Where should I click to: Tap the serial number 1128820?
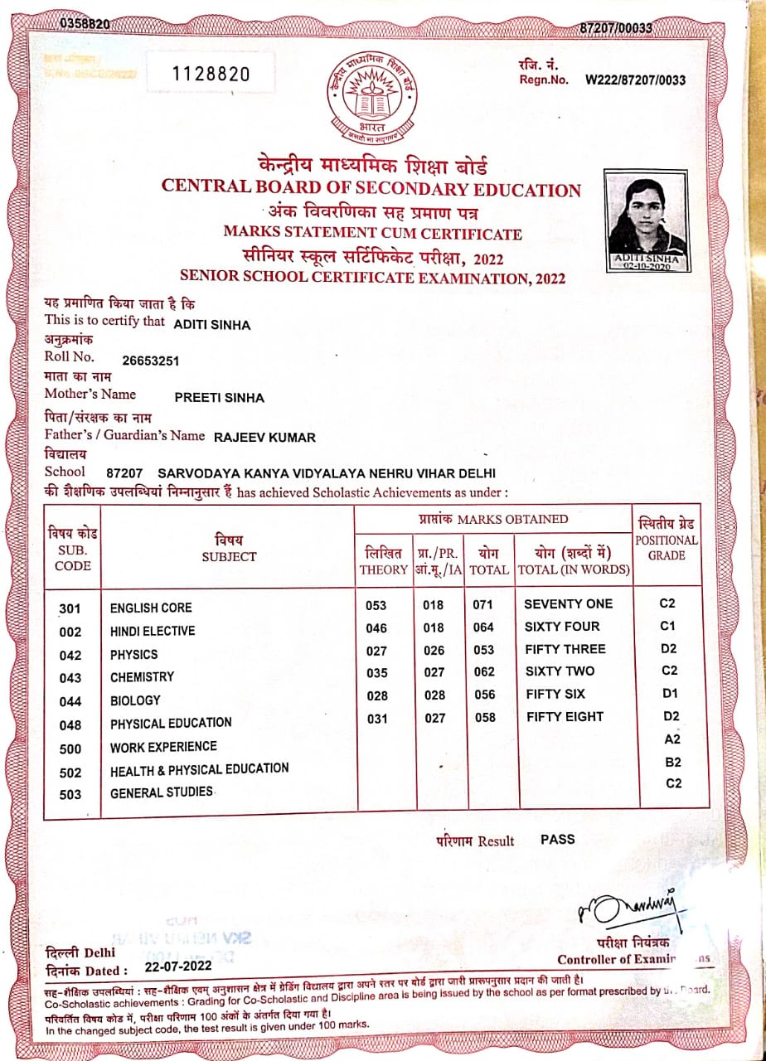tap(211, 74)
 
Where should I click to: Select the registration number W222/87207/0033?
tap(636, 80)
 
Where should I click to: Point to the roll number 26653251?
tap(150, 361)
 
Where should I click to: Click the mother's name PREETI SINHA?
tap(219, 398)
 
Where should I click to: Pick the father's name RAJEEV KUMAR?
tap(264, 437)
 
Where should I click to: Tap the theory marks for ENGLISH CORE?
tap(376, 605)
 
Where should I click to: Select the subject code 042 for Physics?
tap(70, 656)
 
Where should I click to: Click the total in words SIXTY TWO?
tap(560, 671)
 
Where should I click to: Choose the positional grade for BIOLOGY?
tap(671, 693)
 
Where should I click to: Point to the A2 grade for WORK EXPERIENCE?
tap(672, 739)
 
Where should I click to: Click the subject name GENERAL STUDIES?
tap(162, 792)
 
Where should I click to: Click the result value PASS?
tap(557, 839)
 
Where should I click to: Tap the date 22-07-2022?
tap(177, 967)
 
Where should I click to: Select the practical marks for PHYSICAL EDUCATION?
tap(435, 719)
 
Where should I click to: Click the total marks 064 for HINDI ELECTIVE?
tap(482, 628)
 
